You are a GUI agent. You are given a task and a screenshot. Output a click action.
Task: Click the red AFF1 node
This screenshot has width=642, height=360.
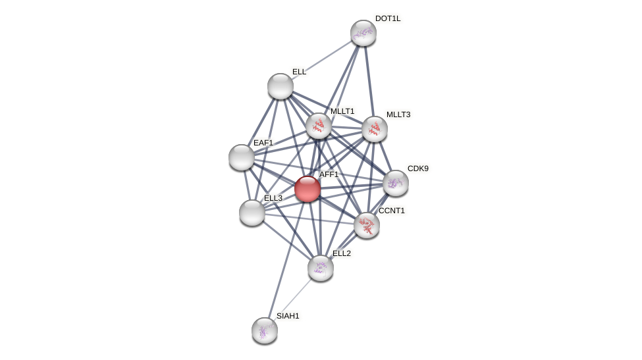pyautogui.click(x=308, y=189)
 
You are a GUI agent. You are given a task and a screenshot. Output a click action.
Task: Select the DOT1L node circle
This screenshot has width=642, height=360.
pyautogui.click(x=363, y=33)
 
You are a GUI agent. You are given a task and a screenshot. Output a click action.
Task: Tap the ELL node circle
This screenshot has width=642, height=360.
pyautogui.click(x=281, y=86)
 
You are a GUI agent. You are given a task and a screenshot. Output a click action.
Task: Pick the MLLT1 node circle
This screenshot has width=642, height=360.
pyautogui.click(x=319, y=126)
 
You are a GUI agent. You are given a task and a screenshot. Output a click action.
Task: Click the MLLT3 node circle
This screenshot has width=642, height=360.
pyautogui.click(x=375, y=129)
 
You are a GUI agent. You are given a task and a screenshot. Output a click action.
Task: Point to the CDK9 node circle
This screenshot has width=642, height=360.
pyautogui.click(x=396, y=183)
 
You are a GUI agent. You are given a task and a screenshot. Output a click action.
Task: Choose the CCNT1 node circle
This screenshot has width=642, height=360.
pyautogui.click(x=367, y=225)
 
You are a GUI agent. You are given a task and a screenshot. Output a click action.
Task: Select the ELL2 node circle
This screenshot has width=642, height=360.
pyautogui.click(x=321, y=268)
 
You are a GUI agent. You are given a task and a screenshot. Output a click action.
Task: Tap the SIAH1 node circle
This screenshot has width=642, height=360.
pyautogui.click(x=265, y=330)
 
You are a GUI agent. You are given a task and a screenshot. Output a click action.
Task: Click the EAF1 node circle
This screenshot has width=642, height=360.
pyautogui.click(x=242, y=157)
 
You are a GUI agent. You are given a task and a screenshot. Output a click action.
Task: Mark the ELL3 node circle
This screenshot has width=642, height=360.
pyautogui.click(x=252, y=213)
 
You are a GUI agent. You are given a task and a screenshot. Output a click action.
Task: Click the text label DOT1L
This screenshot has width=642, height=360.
pyautogui.click(x=388, y=18)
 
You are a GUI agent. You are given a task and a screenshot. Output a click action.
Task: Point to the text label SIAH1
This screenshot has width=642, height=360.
pyautogui.click(x=288, y=316)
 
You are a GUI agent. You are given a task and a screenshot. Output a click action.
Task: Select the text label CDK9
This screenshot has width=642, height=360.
pyautogui.click(x=417, y=168)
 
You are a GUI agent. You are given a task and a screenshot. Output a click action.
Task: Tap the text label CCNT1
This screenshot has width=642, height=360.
pyautogui.click(x=392, y=211)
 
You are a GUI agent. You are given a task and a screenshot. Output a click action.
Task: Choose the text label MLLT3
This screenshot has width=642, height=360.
pyautogui.click(x=398, y=115)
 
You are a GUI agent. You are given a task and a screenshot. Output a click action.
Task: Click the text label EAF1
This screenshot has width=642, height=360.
pyautogui.click(x=263, y=143)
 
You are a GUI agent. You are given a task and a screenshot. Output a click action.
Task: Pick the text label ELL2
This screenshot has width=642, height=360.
pyautogui.click(x=342, y=253)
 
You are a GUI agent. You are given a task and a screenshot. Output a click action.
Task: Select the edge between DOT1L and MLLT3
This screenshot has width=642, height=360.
pyautogui.click(x=369, y=81)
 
